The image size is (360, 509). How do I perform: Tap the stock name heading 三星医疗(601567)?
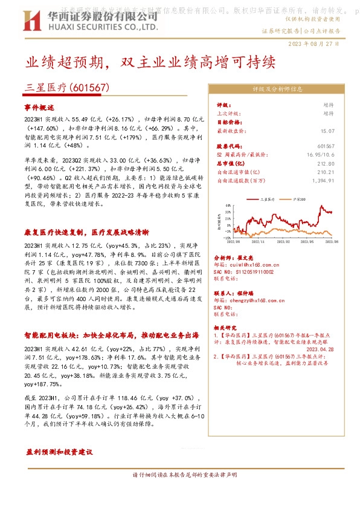click(67, 87)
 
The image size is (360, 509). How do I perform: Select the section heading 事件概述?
click(39, 108)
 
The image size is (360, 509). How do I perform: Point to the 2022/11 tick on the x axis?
click(258, 240)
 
